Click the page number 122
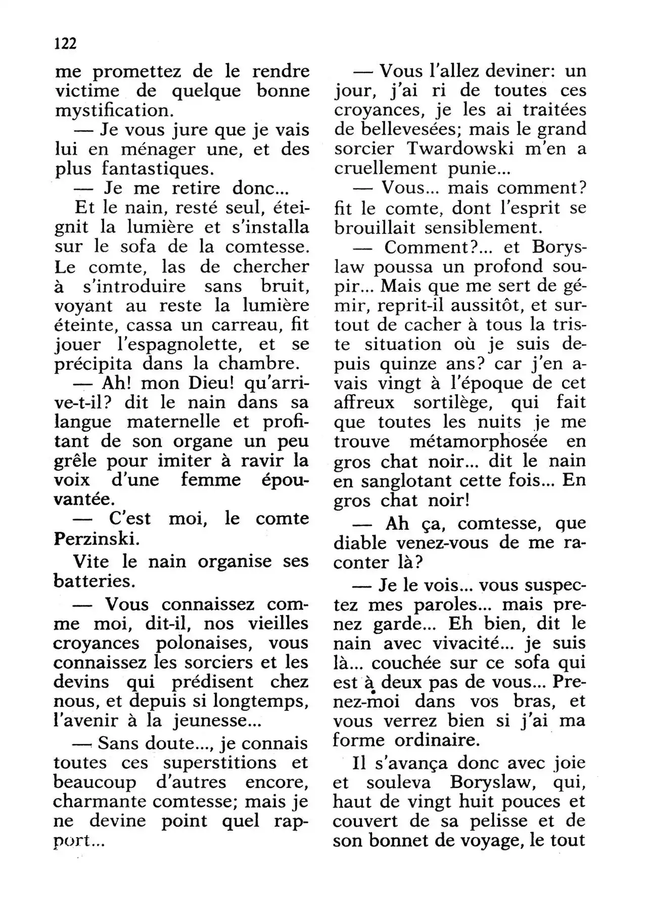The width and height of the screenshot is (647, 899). coord(65,43)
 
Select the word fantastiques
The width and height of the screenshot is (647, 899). coord(159,169)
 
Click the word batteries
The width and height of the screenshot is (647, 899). coord(95,581)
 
